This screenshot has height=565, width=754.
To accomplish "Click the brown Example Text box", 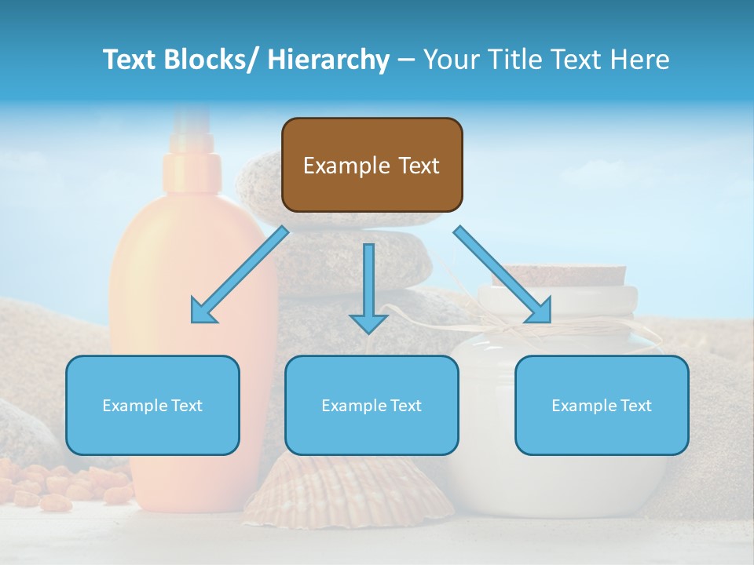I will point(372,165).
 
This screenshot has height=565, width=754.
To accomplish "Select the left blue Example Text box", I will point(152,405).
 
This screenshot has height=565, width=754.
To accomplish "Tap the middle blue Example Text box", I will point(372,405).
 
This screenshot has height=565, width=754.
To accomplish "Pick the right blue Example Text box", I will point(602,405).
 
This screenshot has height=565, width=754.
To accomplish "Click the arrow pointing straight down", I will point(368,287).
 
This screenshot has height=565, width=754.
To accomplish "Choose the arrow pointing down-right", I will point(503,275).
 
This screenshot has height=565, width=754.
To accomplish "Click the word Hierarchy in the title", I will point(328,60).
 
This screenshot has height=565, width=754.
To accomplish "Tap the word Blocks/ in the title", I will point(212,60).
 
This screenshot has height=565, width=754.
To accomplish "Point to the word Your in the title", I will point(448,60).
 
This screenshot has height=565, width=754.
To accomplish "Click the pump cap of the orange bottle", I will point(188,149).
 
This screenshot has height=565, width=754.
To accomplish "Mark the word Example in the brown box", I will point(346,166).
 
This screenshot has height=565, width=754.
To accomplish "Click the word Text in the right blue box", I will point(636,406).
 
